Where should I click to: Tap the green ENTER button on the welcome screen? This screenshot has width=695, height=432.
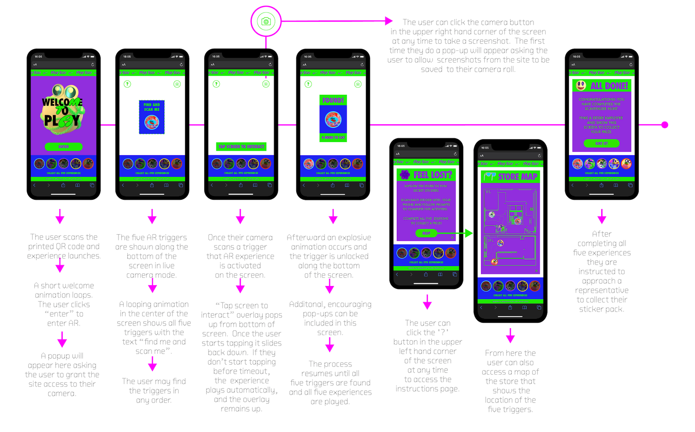tap(63, 146)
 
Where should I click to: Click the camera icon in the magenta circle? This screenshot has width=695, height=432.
tap(266, 21)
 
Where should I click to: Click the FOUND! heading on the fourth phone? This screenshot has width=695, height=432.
tap(333, 100)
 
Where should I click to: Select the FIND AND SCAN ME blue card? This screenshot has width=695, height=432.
tap(152, 117)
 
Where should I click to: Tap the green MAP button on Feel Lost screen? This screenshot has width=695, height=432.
tap(426, 233)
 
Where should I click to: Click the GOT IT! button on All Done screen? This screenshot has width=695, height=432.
tap(601, 143)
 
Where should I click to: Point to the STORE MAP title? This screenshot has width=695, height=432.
tap(517, 177)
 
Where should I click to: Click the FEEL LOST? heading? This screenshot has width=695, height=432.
tap(432, 175)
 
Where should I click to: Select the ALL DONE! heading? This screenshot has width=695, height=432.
tap(609, 86)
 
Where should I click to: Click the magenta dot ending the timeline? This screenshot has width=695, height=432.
tap(665, 125)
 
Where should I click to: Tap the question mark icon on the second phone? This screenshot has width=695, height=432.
tap(127, 84)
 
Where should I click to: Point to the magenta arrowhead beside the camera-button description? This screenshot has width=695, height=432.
tap(389, 21)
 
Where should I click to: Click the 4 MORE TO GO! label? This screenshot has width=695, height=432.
tap(333, 137)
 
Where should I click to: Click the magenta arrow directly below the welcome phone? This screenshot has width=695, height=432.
tap(60, 216)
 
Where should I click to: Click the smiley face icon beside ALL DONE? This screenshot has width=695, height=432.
tap(581, 86)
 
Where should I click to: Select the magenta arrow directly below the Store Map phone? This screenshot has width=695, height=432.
tap(510, 336)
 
